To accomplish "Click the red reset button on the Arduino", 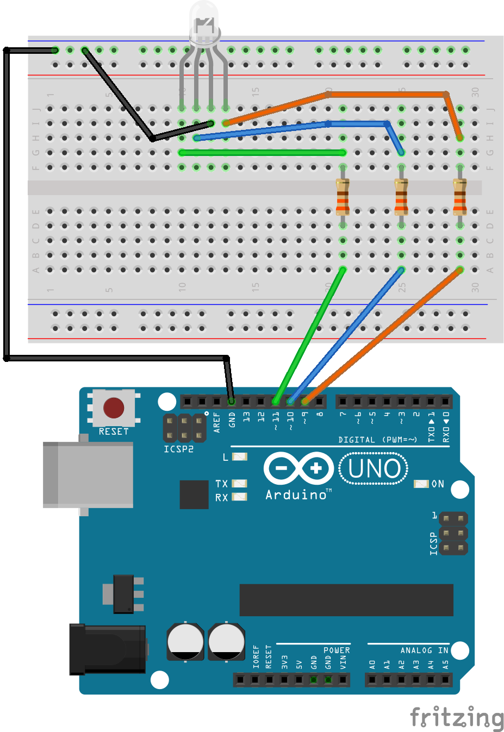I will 114,408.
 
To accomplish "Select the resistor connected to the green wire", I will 343,196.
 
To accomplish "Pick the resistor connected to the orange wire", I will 460,196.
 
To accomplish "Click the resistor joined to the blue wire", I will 401,196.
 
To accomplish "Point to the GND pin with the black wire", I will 232,402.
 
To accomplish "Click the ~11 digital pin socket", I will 276,402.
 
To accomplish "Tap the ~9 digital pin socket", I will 305,402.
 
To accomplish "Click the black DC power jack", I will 108,649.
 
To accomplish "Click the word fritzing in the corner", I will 457,717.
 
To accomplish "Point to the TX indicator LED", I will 239,484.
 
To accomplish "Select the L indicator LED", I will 239,457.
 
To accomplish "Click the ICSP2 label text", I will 178,449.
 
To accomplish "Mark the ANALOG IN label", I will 424,650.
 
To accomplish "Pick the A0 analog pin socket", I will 372,679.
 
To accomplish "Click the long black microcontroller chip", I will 346,600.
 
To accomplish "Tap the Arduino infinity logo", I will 298,468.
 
